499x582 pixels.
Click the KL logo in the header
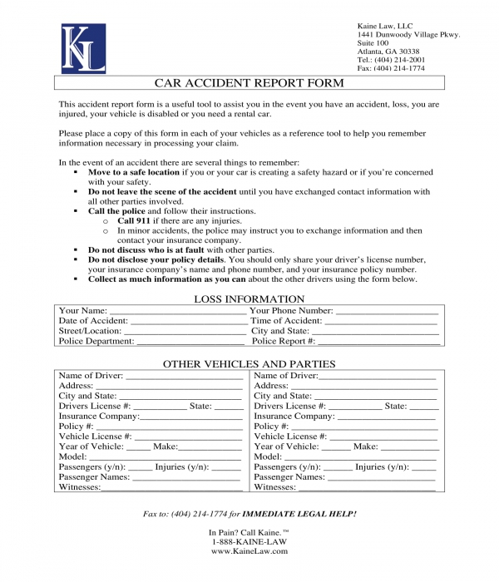click(x=83, y=48)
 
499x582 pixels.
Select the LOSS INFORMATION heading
click(x=249, y=299)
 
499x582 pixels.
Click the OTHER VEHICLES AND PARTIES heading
click(x=249, y=364)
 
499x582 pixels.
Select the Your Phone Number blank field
click(x=387, y=311)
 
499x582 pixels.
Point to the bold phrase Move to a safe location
click(x=134, y=172)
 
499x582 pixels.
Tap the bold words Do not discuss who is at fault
click(x=146, y=250)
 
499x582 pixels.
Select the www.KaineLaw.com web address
click(x=249, y=551)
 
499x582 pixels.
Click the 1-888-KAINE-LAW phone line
click(x=249, y=541)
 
